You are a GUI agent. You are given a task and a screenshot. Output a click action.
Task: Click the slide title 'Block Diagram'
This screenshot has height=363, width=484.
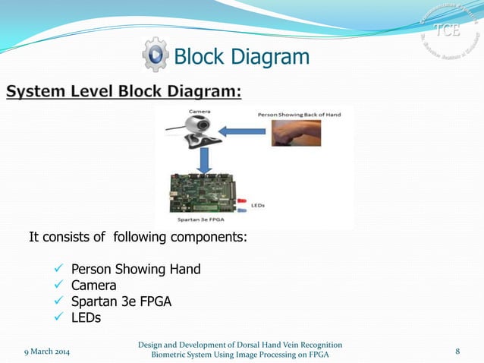point(242,56)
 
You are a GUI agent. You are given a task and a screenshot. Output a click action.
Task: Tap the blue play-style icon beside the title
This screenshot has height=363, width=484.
point(156,55)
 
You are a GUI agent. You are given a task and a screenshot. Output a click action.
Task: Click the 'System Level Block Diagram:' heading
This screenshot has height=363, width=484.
point(124,93)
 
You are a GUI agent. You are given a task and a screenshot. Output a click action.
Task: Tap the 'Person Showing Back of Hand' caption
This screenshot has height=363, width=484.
point(299,114)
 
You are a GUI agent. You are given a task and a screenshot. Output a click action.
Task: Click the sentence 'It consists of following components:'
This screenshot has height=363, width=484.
point(137,238)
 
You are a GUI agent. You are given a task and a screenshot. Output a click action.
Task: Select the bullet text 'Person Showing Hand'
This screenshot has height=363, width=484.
point(136,270)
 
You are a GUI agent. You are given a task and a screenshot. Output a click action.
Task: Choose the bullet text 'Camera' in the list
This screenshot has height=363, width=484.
point(94,286)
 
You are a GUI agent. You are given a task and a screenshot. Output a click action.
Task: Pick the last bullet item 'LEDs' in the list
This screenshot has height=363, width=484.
point(86,317)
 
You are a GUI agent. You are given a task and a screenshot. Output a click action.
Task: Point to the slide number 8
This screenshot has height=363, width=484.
point(458,351)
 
